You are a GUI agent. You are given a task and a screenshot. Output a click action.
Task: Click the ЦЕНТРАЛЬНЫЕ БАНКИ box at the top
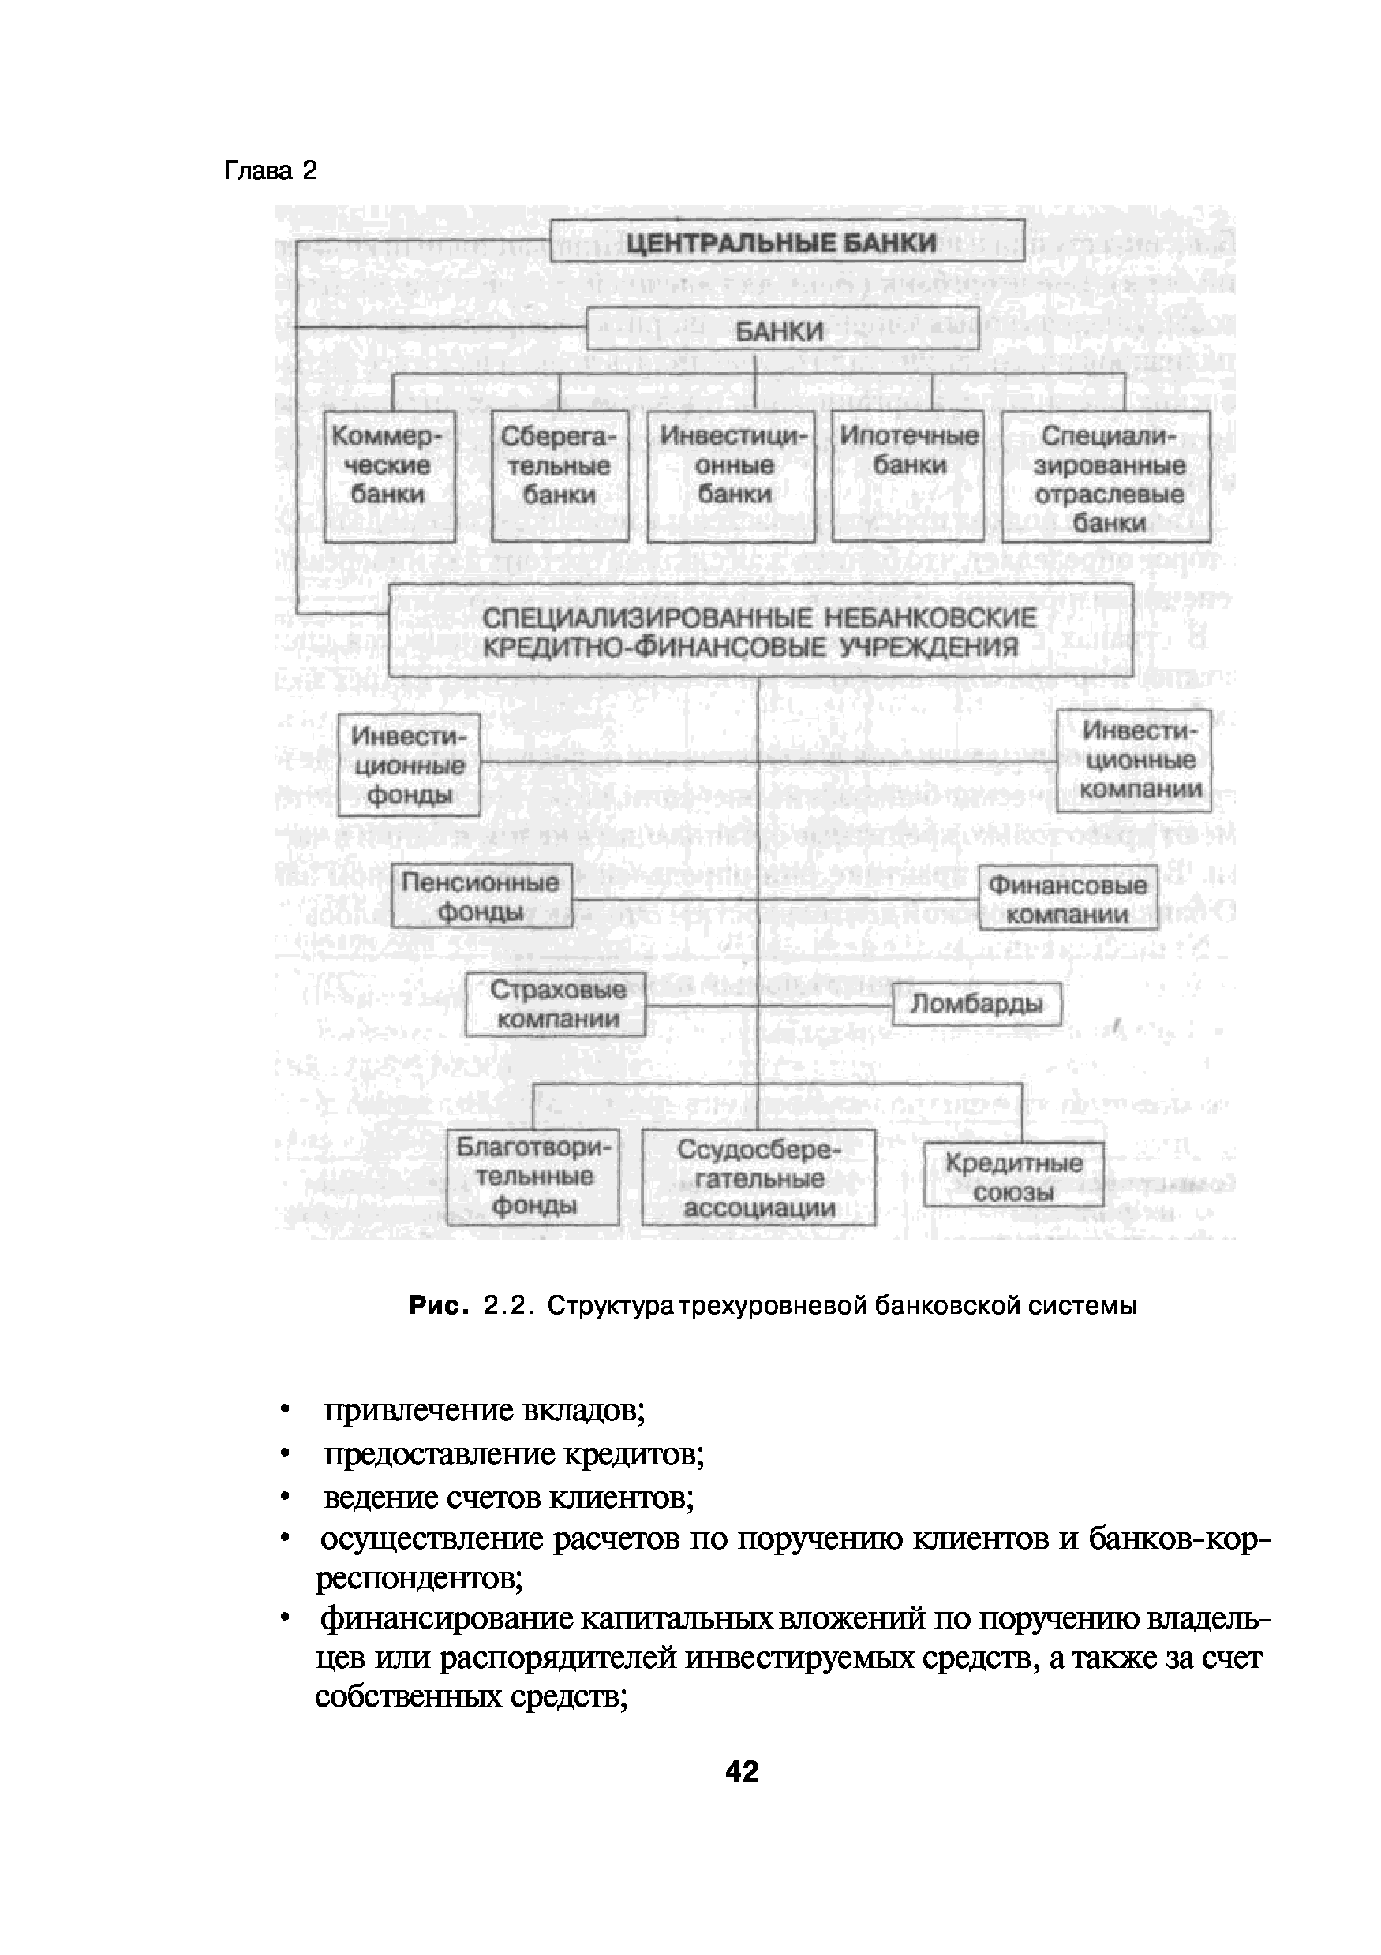pos(788,241)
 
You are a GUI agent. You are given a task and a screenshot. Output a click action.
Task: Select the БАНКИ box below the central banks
pos(782,330)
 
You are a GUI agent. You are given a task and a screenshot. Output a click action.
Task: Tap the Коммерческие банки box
pos(389,476)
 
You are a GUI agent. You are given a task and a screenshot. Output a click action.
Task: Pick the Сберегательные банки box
pos(560,476)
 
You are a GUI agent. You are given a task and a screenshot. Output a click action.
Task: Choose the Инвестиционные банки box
pos(731,476)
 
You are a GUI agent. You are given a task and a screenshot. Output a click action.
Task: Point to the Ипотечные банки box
pos(908,476)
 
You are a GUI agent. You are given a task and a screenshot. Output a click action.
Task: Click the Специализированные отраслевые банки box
pos(1106,476)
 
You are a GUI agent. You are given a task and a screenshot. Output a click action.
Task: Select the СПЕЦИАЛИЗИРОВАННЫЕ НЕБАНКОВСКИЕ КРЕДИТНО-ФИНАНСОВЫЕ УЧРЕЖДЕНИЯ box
pos(761,630)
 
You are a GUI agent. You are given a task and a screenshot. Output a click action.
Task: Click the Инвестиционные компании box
pos(1134,760)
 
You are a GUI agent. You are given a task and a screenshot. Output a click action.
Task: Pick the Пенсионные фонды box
pos(482,896)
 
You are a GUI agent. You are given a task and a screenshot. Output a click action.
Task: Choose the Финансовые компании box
pos(1068,898)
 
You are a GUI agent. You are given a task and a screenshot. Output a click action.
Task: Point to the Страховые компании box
pos(556,1004)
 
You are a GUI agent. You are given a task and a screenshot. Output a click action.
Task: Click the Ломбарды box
pos(977,1005)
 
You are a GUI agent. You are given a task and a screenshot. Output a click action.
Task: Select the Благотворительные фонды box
pos(533,1177)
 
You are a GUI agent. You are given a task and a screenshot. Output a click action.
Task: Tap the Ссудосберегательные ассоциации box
pos(759,1177)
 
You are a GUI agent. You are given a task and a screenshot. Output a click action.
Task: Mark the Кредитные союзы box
pos(1014,1175)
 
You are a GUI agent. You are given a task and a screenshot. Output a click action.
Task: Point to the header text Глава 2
pos(270,171)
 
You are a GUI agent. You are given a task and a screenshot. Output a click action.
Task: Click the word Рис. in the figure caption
pos(439,1305)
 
